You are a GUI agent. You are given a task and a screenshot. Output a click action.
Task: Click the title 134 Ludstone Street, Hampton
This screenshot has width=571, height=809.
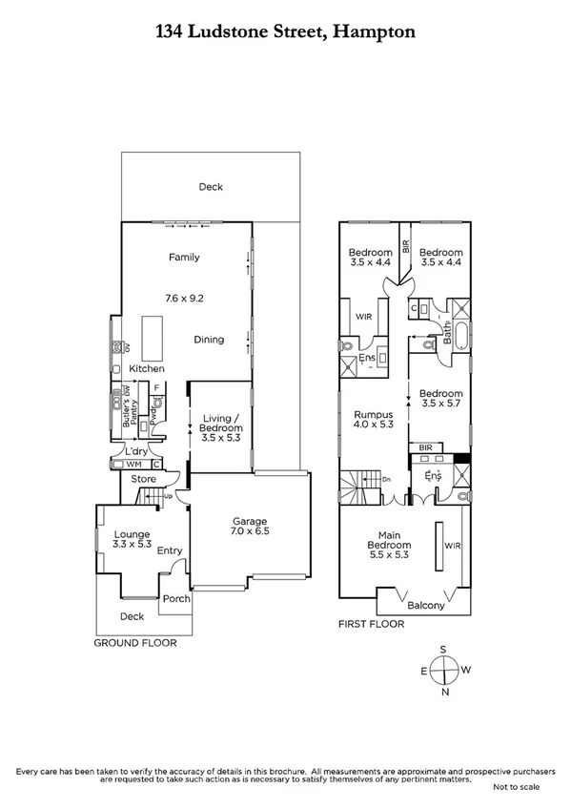pyautogui.click(x=285, y=31)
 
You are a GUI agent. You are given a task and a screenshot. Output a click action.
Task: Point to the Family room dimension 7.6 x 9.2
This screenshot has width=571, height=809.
pyautogui.click(x=184, y=299)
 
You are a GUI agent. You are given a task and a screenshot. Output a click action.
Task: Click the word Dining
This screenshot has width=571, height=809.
pyautogui.click(x=209, y=340)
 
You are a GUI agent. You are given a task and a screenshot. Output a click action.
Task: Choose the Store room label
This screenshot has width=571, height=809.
pyautogui.click(x=143, y=479)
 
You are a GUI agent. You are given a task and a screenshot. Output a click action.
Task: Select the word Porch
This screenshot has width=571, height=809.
pyautogui.click(x=176, y=599)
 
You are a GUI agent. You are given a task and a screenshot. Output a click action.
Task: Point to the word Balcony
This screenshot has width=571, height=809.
pyautogui.click(x=426, y=605)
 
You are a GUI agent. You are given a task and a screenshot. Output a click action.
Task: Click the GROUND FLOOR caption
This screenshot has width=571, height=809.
pyautogui.click(x=134, y=643)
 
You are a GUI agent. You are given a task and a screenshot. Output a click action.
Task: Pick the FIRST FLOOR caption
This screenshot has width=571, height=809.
pyautogui.click(x=372, y=624)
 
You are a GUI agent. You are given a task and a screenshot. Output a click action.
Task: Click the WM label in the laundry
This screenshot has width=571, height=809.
pyautogui.click(x=133, y=465)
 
